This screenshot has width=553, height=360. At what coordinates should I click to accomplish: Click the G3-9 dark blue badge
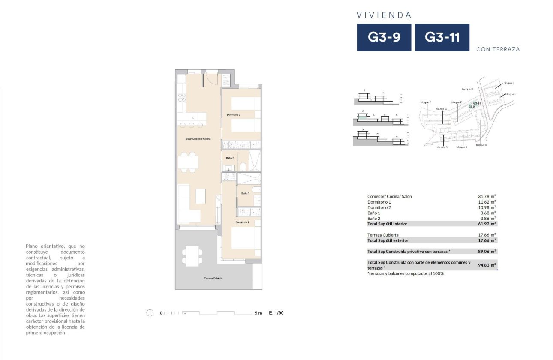point(384,37)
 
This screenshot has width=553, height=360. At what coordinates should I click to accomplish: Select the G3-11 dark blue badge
point(442,37)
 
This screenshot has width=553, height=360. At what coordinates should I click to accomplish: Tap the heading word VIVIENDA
point(384,15)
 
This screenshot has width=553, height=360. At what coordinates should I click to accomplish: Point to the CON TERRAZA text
point(498,49)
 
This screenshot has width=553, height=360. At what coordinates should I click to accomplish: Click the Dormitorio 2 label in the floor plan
point(233,115)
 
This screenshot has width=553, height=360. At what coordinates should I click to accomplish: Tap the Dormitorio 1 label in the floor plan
point(242,222)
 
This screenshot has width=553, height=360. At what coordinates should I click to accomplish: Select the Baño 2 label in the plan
point(230,158)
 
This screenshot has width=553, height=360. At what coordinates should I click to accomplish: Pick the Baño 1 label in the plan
point(245,193)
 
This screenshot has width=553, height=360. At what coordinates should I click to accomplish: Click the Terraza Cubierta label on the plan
point(213,278)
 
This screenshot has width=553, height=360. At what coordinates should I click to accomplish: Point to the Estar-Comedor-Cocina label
point(198,139)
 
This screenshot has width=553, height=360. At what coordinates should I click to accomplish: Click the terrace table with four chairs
point(192,256)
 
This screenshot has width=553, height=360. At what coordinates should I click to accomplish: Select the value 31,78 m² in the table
point(487,196)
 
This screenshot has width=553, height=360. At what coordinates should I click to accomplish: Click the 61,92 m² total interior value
point(487,224)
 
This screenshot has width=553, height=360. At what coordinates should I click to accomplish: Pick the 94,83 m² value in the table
point(487,265)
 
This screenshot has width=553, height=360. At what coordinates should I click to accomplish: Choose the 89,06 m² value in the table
point(487,252)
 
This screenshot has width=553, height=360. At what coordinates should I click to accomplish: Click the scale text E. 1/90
point(276,313)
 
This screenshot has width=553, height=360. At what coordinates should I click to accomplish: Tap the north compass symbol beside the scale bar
point(150,313)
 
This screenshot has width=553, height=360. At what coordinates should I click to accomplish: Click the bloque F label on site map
point(425,102)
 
